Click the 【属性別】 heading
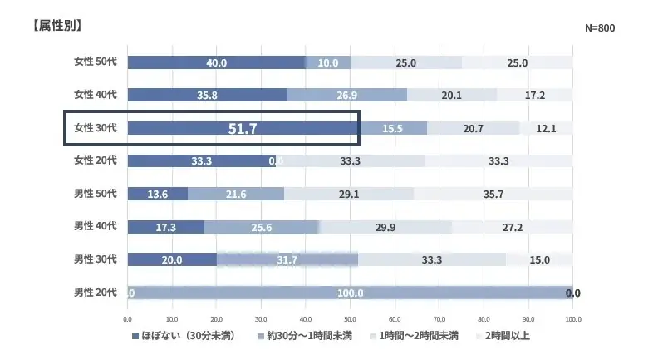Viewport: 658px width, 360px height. (x=57, y=25)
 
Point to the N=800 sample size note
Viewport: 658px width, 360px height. (x=600, y=28)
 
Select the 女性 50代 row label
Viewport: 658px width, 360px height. (x=96, y=62)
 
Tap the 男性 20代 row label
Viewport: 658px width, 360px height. (x=96, y=292)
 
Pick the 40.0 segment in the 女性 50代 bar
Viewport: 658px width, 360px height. (x=217, y=62)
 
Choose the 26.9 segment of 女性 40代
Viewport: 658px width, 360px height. (x=347, y=95)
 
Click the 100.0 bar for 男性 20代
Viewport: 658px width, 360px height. (x=350, y=293)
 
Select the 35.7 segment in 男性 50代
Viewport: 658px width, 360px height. (x=493, y=194)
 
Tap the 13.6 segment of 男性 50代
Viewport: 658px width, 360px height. (x=158, y=194)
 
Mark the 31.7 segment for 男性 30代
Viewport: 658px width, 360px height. (x=287, y=259)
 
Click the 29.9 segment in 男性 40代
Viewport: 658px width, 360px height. (x=385, y=226)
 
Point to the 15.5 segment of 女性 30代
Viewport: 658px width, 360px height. (x=392, y=128)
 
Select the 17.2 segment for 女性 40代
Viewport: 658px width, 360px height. (x=534, y=95)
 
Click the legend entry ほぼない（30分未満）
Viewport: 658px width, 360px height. (x=182, y=337)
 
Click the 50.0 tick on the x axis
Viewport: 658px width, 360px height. (x=350, y=318)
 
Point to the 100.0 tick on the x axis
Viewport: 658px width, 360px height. (x=572, y=318)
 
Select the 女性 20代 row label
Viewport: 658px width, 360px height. (x=96, y=160)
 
